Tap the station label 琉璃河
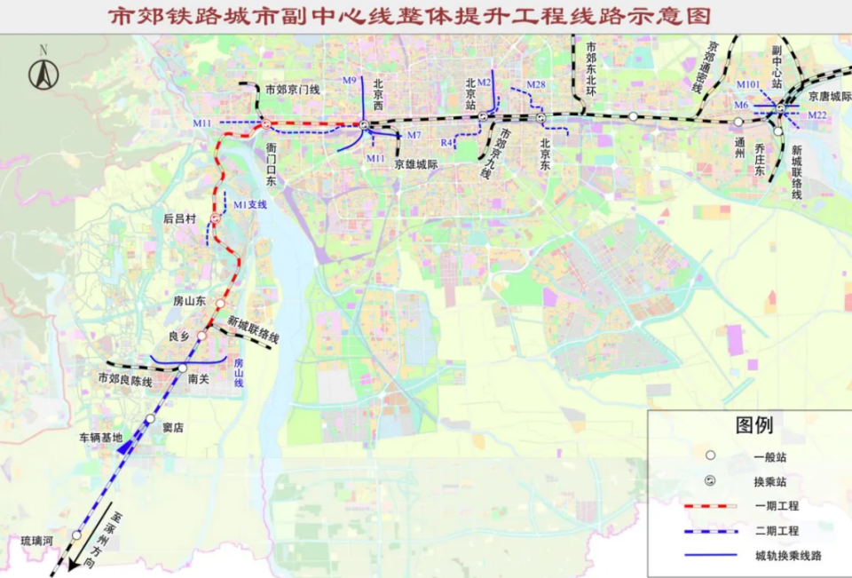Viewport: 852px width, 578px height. click(x=38, y=540)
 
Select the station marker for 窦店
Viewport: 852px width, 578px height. click(x=151, y=418)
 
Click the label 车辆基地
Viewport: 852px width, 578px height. click(x=99, y=437)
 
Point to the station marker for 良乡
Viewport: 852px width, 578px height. click(x=201, y=336)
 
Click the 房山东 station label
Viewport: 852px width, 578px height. click(x=189, y=301)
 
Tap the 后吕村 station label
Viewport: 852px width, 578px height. click(x=179, y=217)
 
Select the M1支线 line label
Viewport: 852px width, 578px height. click(x=249, y=205)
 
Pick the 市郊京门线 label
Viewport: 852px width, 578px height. click(x=292, y=90)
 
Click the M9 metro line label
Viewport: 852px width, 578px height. click(x=349, y=81)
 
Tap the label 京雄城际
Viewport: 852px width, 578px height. click(x=416, y=163)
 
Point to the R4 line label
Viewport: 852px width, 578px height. click(x=446, y=142)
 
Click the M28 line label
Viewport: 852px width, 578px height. click(x=535, y=84)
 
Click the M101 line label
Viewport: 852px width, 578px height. click(x=748, y=84)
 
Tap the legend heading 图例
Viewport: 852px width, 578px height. click(x=753, y=426)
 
